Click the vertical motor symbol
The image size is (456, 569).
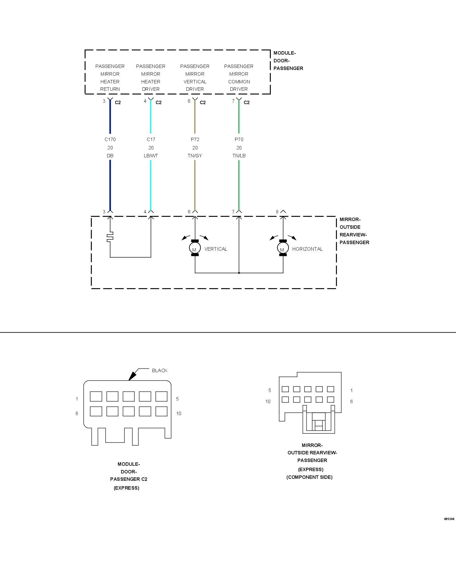pyautogui.click(x=195, y=248)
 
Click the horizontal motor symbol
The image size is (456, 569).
pyautogui.click(x=283, y=248)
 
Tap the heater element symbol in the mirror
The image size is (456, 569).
pyautogui.click(x=110, y=237)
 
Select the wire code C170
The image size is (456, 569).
pyautogui.click(x=110, y=139)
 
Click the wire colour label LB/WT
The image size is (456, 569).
pyautogui.click(x=151, y=156)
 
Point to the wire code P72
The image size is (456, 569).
pyautogui.click(x=195, y=139)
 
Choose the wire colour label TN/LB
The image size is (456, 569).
pyautogui.click(x=239, y=156)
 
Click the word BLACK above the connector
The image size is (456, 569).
pyautogui.click(x=160, y=370)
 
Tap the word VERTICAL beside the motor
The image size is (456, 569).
pyautogui.click(x=216, y=249)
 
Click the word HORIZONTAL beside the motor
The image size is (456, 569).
pyautogui.click(x=307, y=249)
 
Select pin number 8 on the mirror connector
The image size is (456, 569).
pyautogui.click(x=277, y=212)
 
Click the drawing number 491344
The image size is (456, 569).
pyautogui.click(x=449, y=519)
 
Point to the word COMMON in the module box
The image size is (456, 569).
pyautogui.click(x=239, y=82)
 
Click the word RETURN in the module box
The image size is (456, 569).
pyautogui.click(x=110, y=89)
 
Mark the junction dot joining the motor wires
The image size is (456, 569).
pyautogui.click(x=239, y=273)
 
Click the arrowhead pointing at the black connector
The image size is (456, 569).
pyautogui.click(x=131, y=376)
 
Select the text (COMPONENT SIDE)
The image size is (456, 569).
pyautogui.click(x=309, y=477)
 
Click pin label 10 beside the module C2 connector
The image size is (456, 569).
pyautogui.click(x=179, y=413)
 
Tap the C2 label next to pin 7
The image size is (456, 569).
pyautogui.click(x=247, y=102)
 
